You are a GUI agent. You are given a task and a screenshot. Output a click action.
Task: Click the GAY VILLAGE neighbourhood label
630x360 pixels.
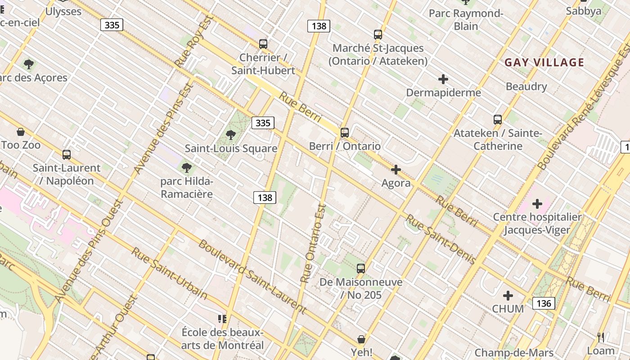[544, 63]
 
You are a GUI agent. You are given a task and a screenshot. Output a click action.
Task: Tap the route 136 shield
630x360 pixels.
[544, 303]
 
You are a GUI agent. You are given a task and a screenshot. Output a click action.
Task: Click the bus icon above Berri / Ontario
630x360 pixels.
[345, 133]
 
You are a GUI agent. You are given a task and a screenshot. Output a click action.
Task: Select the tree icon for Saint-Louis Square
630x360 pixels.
[231, 135]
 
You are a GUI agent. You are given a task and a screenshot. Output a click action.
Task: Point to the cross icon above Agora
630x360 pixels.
[396, 170]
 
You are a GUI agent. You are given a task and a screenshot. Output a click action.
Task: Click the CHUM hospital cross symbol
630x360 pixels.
[508, 296]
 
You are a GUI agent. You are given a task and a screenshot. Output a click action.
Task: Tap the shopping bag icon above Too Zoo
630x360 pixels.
[21, 132]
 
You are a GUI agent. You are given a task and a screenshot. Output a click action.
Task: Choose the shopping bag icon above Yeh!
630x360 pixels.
[361, 339]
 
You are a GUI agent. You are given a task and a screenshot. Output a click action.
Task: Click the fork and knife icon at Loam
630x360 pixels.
[601, 337]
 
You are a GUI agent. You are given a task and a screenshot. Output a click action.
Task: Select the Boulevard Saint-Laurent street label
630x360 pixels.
[252, 277]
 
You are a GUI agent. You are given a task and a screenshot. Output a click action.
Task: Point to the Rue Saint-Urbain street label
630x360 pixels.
[169, 273]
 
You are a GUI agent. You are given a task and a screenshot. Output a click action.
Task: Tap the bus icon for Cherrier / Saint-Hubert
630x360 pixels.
[263, 44]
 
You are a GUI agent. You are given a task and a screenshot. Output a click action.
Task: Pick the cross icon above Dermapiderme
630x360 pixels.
[443, 80]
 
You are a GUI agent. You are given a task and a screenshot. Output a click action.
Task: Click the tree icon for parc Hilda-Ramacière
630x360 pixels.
[187, 168]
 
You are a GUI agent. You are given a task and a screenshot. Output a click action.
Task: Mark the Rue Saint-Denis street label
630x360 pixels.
[441, 239]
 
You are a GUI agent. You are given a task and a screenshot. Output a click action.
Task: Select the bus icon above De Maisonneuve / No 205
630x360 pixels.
[361, 269]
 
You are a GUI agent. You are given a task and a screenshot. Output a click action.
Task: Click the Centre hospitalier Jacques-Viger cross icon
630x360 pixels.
[537, 204]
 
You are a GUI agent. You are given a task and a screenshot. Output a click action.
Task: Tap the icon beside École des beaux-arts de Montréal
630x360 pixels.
[222, 319]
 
